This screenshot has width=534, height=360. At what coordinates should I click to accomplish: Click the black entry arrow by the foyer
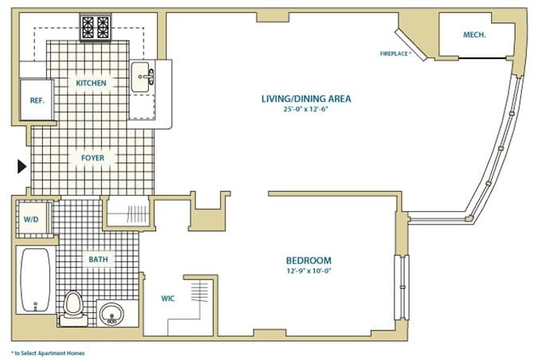tap(22, 166)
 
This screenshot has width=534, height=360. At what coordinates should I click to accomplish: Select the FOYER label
tap(92, 158)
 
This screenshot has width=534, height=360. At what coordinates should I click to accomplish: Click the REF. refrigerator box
tap(36, 100)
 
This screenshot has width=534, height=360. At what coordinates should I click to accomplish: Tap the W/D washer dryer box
tap(32, 219)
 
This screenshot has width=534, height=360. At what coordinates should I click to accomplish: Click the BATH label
tap(99, 259)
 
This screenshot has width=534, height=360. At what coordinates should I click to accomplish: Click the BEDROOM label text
tap(308, 260)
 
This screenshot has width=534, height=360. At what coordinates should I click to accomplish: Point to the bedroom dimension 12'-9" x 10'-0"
tap(308, 271)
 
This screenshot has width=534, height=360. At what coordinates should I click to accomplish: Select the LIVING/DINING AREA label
tap(306, 99)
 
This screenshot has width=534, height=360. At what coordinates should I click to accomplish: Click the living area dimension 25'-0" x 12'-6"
tap(306, 109)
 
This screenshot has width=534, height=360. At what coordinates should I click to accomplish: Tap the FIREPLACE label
tap(395, 54)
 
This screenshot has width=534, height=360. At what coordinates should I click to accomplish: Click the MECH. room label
tap(475, 35)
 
